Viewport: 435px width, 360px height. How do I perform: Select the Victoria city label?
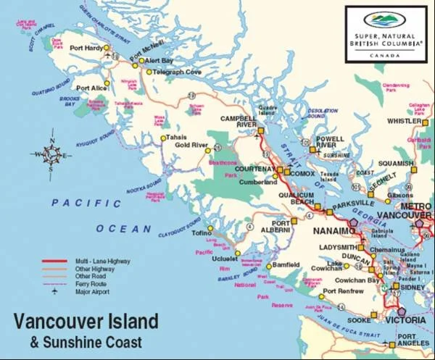[405, 319]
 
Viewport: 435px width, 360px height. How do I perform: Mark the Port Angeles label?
[415, 340]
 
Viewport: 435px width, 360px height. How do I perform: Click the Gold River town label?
[191, 145]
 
